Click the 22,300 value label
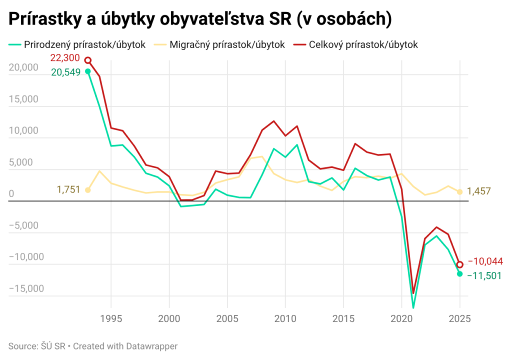point(65,58)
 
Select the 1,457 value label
point(479,191)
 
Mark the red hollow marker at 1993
point(88,60)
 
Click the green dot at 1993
point(88,71)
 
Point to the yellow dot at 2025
point(460,192)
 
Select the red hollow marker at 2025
point(460,264)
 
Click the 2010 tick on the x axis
point(285,318)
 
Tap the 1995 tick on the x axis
point(111,318)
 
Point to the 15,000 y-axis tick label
point(24,98)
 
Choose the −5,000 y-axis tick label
point(24,225)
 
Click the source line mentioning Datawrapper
point(93,346)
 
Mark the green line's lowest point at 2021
point(413,307)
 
